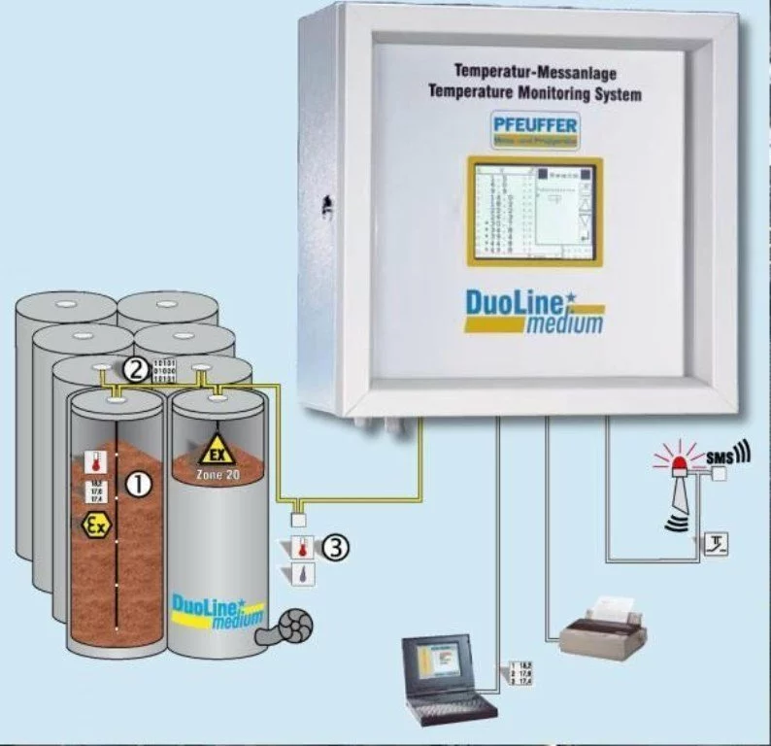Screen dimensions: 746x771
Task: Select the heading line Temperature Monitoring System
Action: pos(534,94)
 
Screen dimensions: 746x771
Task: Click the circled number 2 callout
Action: pos(137,368)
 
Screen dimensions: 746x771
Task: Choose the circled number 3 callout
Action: pos(333,548)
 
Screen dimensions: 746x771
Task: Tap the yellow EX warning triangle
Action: pos(215,450)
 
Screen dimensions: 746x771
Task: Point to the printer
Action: pos(603,627)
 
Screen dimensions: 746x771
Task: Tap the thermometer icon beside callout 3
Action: pos(303,547)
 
